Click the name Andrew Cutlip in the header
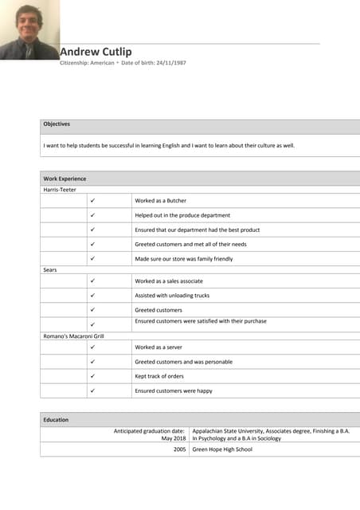coord(96,52)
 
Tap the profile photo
coord(29,29)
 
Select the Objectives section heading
coord(57,124)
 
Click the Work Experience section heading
coord(65,178)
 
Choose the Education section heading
coord(56,419)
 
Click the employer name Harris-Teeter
coord(59,190)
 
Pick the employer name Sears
coord(49,270)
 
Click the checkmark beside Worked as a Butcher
coord(92,201)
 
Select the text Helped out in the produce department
coord(182,215)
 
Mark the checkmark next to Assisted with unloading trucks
coord(92,296)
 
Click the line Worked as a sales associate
coord(169,281)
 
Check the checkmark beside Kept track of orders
coord(92,376)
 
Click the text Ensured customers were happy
coord(174,390)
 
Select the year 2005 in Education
coord(179,449)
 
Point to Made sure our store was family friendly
coord(184,259)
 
